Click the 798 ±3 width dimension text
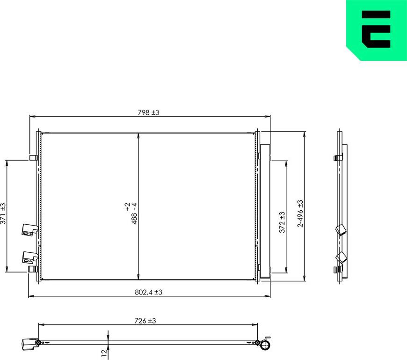pyautogui.click(x=149, y=112)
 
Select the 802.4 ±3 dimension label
pyautogui.click(x=148, y=292)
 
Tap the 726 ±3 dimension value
pyautogui.click(x=145, y=321)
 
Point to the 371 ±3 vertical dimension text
pyautogui.click(x=4, y=213)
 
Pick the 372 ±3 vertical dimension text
pyautogui.click(x=282, y=222)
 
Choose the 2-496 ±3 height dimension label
pyautogui.click(x=300, y=213)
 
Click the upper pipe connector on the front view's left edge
pyautogui.click(x=29, y=230)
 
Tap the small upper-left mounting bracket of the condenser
pyautogui.click(x=33, y=158)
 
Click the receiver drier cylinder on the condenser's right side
pyautogui.click(x=265, y=211)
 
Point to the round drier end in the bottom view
pyautogui.click(x=265, y=345)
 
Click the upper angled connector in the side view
pyautogui.click(x=341, y=230)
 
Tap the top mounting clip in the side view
pyautogui.click(x=338, y=158)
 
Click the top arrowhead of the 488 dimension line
pyautogui.click(x=138, y=136)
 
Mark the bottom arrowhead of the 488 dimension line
pyautogui.click(x=138, y=277)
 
